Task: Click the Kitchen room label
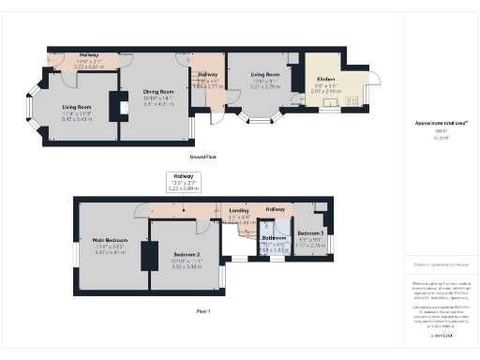click(x=325, y=80)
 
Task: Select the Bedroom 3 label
click(x=310, y=232)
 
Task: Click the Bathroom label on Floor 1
click(x=274, y=238)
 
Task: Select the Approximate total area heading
click(x=435, y=123)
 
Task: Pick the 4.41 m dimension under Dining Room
click(x=158, y=104)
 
